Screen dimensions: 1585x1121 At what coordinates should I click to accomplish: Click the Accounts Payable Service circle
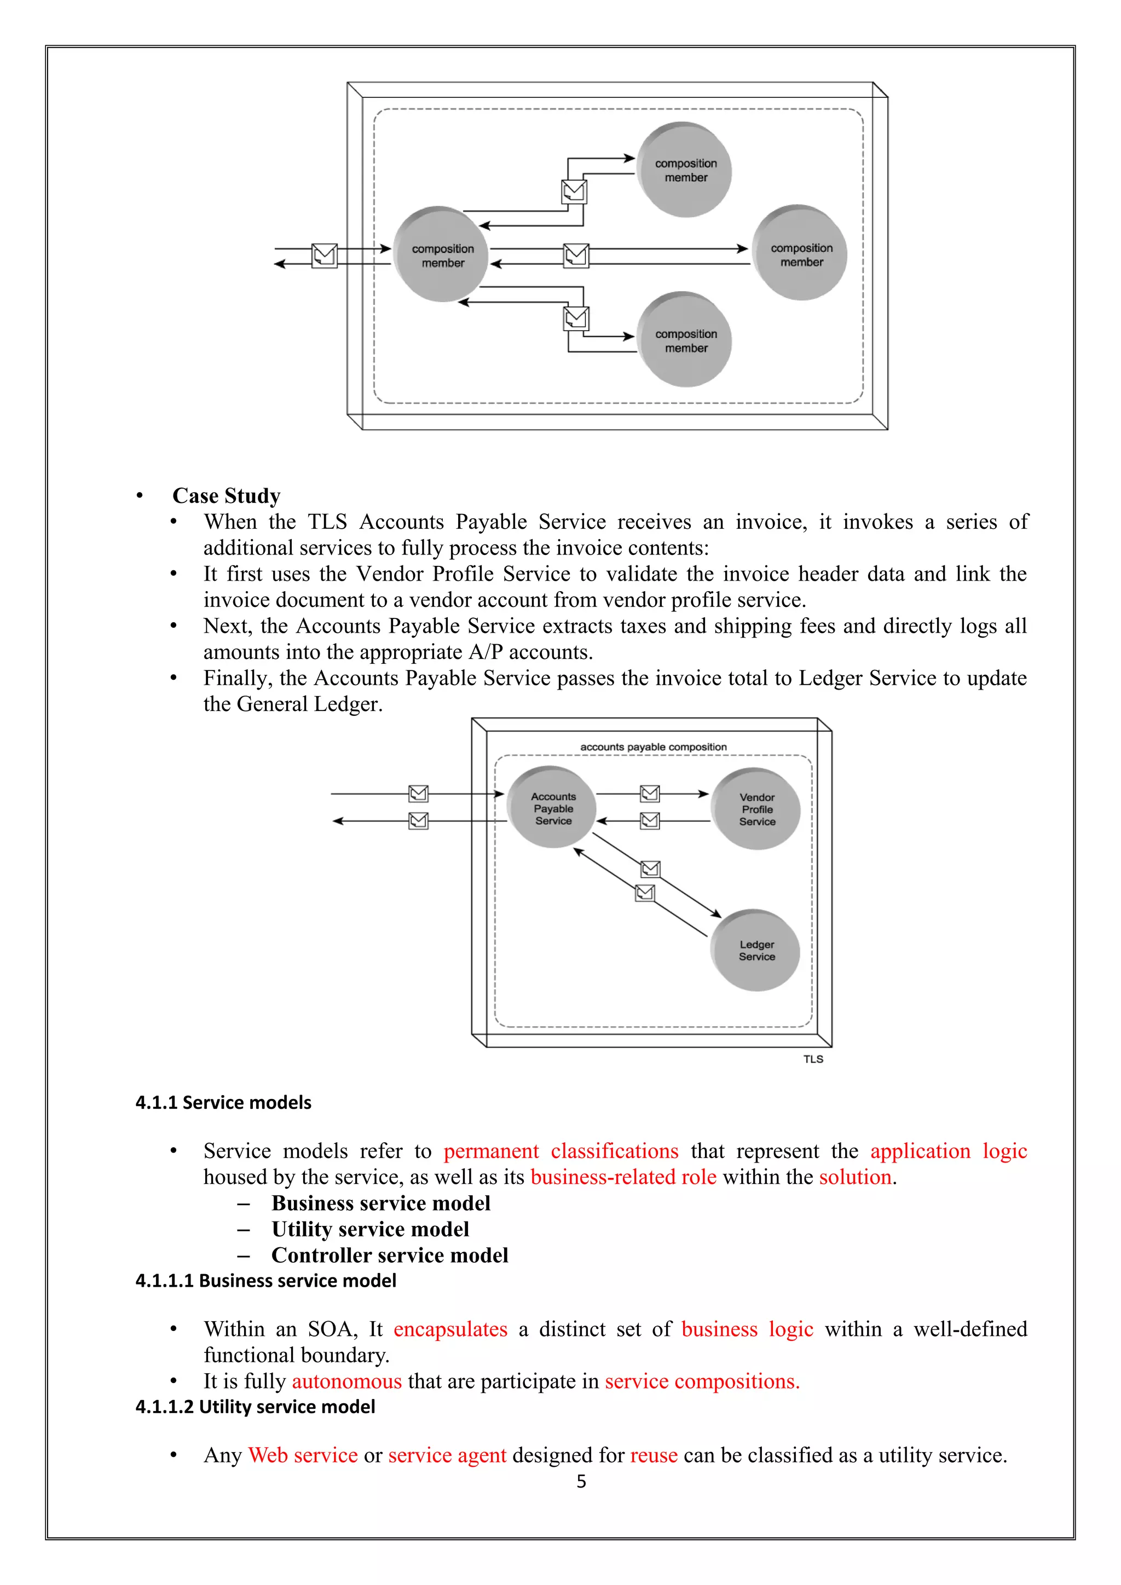point(552,808)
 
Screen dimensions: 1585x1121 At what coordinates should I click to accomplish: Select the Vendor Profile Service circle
point(756,809)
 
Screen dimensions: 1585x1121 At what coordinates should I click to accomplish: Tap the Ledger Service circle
point(756,951)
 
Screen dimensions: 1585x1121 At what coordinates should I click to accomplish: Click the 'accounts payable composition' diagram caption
point(653,747)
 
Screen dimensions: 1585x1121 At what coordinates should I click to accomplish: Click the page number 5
point(581,1482)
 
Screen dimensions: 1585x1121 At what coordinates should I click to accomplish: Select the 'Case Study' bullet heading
point(227,496)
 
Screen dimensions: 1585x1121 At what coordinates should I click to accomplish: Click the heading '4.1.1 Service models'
point(223,1102)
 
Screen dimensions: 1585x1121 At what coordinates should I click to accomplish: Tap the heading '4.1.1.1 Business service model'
point(266,1281)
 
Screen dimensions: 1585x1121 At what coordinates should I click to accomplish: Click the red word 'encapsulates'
point(450,1329)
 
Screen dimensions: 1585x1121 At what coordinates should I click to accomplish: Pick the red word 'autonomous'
point(346,1381)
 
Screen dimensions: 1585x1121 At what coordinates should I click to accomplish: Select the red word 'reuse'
point(654,1455)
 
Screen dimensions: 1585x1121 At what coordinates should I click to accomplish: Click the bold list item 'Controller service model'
point(389,1255)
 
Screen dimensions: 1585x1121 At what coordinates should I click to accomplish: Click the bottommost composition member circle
point(685,340)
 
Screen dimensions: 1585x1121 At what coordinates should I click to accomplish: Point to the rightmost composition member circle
point(801,254)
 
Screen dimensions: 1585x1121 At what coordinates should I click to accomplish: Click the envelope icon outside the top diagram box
point(325,256)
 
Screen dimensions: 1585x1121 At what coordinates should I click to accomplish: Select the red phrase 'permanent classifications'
point(560,1151)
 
